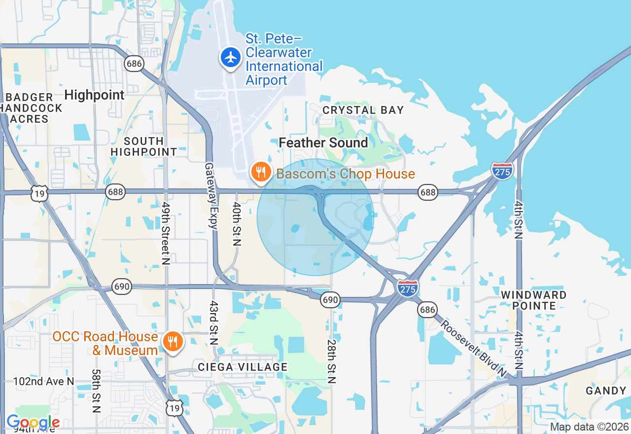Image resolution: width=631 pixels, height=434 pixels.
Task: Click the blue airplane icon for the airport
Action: [x=230, y=58]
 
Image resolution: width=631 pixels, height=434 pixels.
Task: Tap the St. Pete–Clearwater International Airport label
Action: [x=284, y=59]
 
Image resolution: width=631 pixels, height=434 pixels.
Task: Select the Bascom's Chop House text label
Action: [x=346, y=174]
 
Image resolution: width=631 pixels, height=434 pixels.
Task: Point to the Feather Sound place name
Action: [x=323, y=143]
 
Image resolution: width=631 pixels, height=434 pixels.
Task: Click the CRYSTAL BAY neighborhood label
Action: [x=363, y=110]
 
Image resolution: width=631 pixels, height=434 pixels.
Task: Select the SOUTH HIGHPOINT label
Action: [x=143, y=146]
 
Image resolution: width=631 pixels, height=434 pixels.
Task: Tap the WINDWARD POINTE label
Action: [x=533, y=300]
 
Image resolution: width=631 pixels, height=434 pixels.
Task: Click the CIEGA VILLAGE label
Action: [x=243, y=367]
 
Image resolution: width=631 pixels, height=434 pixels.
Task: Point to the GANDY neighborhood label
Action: [x=606, y=391]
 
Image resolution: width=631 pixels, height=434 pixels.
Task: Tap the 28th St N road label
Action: [x=331, y=361]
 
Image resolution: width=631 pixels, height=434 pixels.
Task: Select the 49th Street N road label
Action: [x=166, y=234]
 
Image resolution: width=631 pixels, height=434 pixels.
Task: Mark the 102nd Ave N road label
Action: [x=44, y=381]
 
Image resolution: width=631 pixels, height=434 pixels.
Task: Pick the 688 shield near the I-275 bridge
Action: [x=428, y=192]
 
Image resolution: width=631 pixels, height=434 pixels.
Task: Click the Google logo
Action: [x=33, y=423]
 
